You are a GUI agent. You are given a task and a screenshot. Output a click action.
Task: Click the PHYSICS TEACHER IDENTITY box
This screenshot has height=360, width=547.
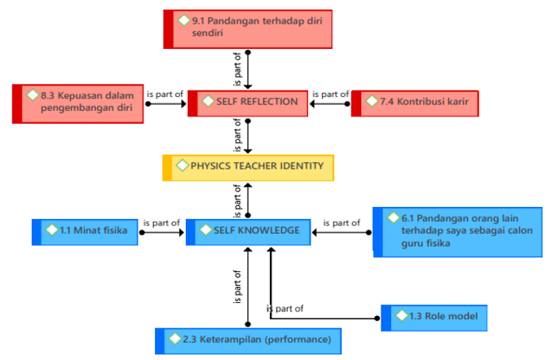(248, 166)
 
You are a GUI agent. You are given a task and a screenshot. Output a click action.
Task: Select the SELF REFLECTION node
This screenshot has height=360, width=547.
(248, 103)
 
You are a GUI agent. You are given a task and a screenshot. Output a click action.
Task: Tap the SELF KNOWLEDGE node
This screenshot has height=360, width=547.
(248, 231)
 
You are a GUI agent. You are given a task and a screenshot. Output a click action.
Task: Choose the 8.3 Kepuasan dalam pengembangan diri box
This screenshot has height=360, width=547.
(78, 103)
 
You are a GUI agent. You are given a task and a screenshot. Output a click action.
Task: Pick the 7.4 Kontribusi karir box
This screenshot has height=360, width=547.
(415, 103)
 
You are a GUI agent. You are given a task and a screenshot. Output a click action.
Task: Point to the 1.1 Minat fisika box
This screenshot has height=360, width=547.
(86, 231)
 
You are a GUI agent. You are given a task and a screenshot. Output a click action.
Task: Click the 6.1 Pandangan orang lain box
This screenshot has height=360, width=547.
(457, 231)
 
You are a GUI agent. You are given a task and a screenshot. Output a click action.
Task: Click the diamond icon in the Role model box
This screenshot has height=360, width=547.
(401, 315)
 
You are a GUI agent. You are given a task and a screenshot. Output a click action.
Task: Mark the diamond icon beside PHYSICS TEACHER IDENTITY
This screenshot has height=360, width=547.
(182, 165)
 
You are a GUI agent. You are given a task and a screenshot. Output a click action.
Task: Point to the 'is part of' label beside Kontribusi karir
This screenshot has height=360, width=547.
(329, 94)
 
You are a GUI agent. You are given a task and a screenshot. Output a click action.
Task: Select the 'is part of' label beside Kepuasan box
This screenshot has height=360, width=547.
(164, 94)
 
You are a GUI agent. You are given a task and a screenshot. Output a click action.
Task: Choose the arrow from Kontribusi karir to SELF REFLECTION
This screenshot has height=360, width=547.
(331, 103)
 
